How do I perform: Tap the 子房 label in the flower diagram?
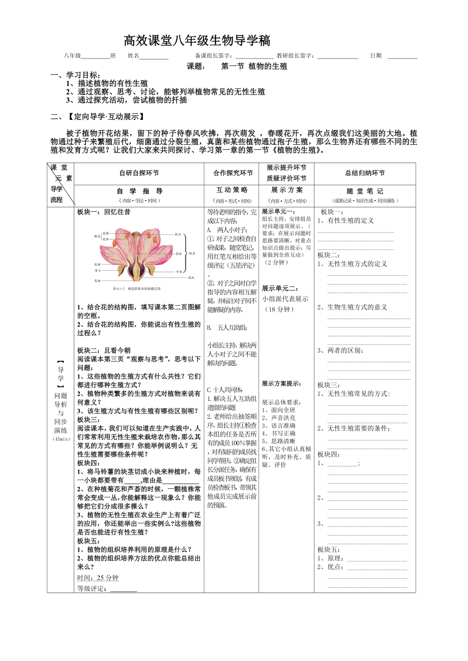coord(179,271)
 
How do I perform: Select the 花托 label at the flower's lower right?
coord(191,277)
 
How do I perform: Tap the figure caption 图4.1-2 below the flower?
coord(137,288)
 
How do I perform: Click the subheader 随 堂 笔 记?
coord(365,191)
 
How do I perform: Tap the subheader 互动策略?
coord(232,190)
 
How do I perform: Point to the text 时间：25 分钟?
coord(98,578)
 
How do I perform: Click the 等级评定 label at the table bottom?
coord(93,589)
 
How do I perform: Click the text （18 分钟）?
coord(279,309)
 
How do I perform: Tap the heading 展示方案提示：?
coord(281,384)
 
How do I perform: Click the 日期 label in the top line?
coord(376,56)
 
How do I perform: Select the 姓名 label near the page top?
coord(133,56)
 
